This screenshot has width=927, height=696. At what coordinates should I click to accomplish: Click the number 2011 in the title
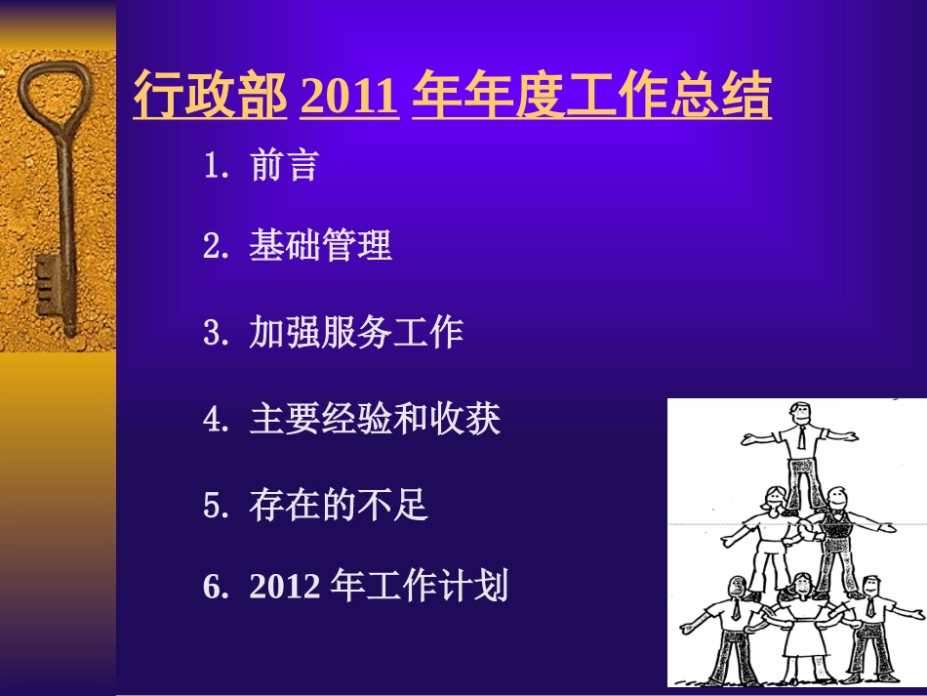[349, 97]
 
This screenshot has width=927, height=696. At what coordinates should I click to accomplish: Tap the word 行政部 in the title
[210, 97]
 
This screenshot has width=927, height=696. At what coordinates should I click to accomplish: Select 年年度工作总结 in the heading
[591, 97]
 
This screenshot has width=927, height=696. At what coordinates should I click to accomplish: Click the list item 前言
[284, 166]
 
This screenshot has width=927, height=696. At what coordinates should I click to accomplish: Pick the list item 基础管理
[320, 246]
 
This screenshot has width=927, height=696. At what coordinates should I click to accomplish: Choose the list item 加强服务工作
[356, 333]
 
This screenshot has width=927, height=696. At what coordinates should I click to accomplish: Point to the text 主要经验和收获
[375, 420]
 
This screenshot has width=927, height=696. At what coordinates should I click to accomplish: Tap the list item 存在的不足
[339, 506]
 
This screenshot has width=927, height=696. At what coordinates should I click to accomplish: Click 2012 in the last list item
[284, 587]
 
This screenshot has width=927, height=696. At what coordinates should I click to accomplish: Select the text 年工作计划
[420, 587]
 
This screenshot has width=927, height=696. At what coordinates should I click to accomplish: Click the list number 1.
[214, 167]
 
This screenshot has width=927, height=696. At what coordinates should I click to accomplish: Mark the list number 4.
[214, 421]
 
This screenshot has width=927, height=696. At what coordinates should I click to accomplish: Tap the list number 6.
[214, 588]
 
